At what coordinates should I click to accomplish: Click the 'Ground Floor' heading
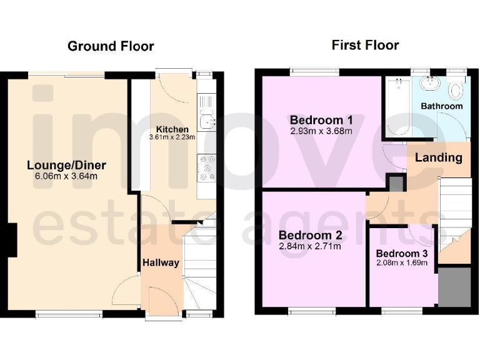point(111,46)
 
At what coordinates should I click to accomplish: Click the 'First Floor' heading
point(365,45)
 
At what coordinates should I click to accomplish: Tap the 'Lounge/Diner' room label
point(66,166)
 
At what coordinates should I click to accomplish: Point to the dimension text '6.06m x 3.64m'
point(66,176)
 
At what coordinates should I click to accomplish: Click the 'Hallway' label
point(161,262)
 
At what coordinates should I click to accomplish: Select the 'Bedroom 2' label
point(311,236)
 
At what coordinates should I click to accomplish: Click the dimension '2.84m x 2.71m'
point(311,246)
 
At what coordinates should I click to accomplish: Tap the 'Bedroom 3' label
point(402,254)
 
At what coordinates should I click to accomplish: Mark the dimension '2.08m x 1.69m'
point(402,262)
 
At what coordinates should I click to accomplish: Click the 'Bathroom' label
point(442,106)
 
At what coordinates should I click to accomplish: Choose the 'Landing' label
point(439,157)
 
